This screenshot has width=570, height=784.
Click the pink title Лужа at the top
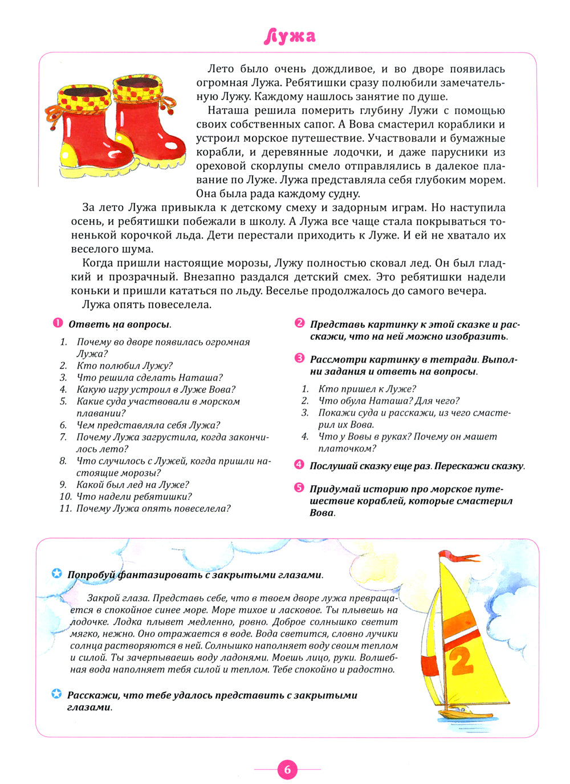pyautogui.click(x=290, y=36)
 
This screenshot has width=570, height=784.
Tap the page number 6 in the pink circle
pyautogui.click(x=287, y=770)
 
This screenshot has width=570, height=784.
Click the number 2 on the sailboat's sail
pyautogui.click(x=461, y=660)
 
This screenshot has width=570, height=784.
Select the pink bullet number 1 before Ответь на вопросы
pyautogui.click(x=58, y=323)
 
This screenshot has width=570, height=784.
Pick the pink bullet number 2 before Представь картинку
pyautogui.click(x=299, y=323)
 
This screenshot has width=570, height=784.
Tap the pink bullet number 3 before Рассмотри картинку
pyautogui.click(x=299, y=359)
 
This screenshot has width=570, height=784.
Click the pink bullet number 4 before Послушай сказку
pyautogui.click(x=299, y=465)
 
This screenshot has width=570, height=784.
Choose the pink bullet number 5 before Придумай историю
pyautogui.click(x=299, y=488)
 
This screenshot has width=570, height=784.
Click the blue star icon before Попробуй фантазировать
pyautogui.click(x=56, y=573)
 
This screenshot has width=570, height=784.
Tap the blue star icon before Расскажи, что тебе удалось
pyautogui.click(x=56, y=694)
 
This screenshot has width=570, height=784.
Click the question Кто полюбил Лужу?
pyautogui.click(x=124, y=366)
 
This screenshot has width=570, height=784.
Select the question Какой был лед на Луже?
pyautogui.click(x=132, y=485)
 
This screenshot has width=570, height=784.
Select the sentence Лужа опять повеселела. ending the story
pyautogui.click(x=146, y=305)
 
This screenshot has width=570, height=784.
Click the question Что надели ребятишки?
pyautogui.click(x=134, y=496)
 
